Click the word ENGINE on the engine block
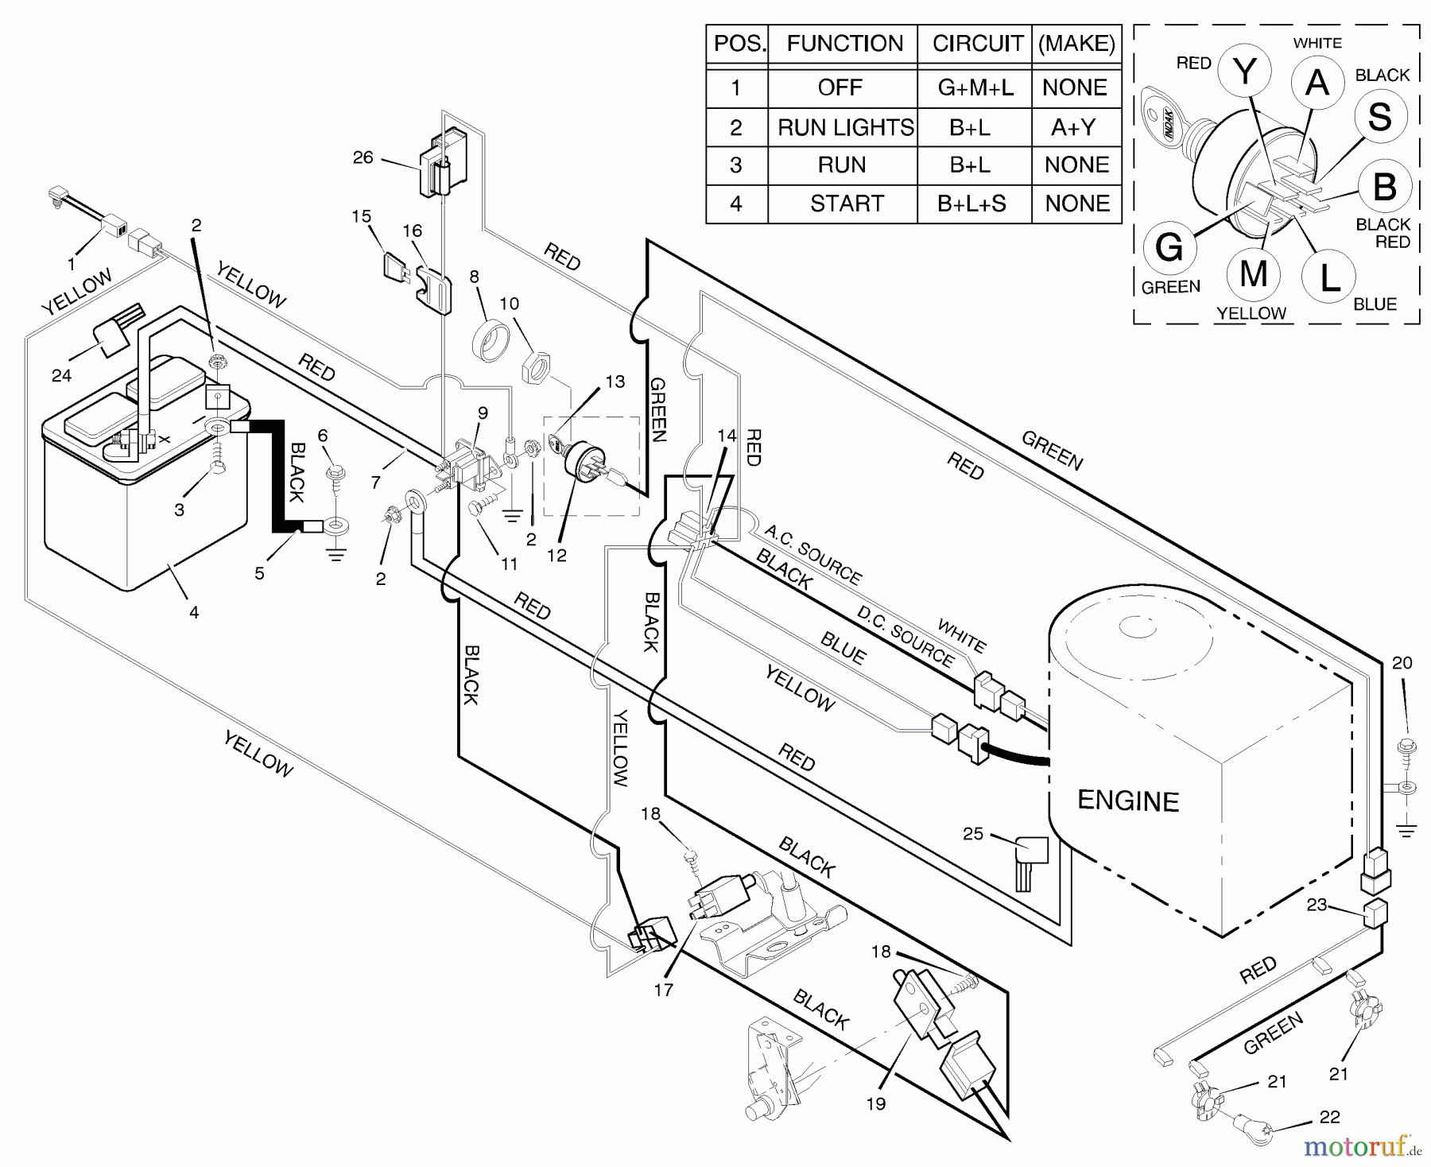coord(1127,801)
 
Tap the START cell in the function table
coord(847,204)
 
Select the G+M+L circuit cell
coord(975,87)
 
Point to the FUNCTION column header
coord(844,44)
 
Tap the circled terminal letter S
coord(1379,117)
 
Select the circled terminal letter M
coord(1253,274)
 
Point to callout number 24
coord(61,375)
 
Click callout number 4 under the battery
coord(194,612)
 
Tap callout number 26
coord(363,157)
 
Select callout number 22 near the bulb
coord(1329,1117)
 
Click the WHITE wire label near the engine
coord(961,635)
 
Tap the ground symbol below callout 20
coord(1406,831)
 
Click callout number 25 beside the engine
coord(973,834)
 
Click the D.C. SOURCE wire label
coord(906,635)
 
